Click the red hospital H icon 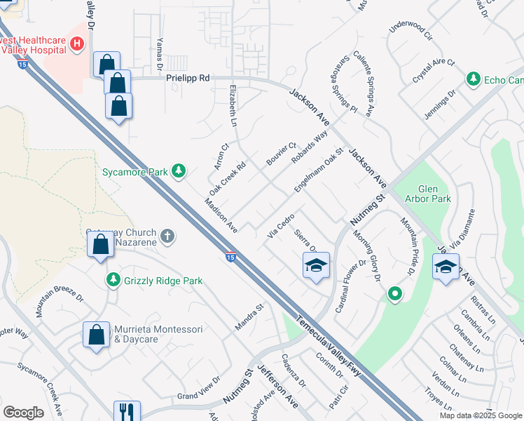pyautogui.click(x=77, y=45)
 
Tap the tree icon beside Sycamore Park pyautogui.click(x=179, y=171)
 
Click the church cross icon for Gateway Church pyautogui.click(x=167, y=236)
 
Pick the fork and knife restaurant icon pyautogui.click(x=126, y=410)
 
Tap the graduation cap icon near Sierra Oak pyautogui.click(x=316, y=266)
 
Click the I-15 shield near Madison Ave pyautogui.click(x=230, y=257)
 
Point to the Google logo pyautogui.click(x=23, y=413)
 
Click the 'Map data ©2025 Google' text pyautogui.click(x=480, y=415)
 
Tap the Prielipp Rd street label pyautogui.click(x=188, y=79)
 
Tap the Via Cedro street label pyautogui.click(x=280, y=225)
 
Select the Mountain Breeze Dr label pyautogui.click(x=60, y=302)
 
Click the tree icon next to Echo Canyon pyautogui.click(x=474, y=78)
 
